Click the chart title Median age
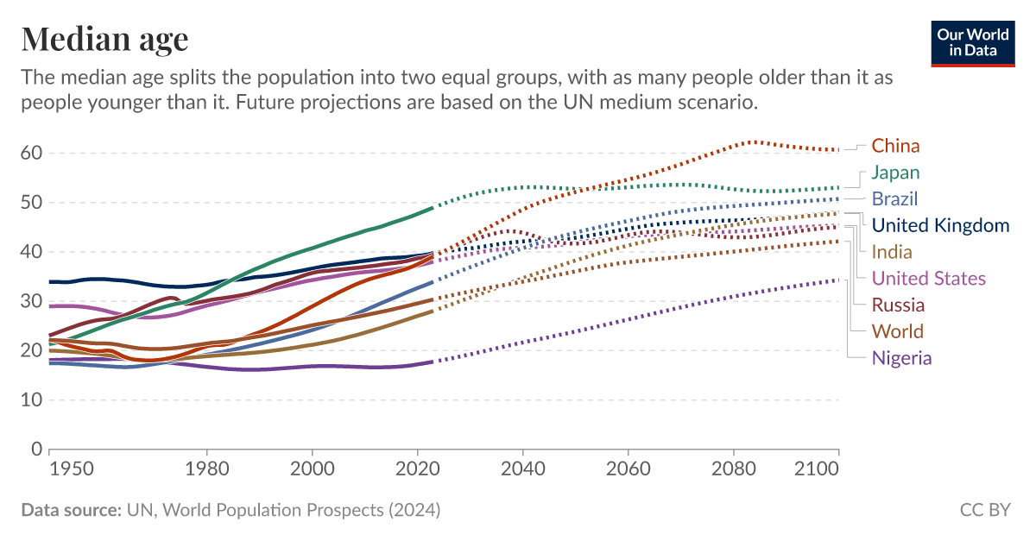click(104, 39)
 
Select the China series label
click(895, 146)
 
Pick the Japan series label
click(895, 173)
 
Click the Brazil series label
click(894, 199)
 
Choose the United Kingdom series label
click(940, 226)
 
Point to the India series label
click(891, 252)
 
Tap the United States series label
click(928, 279)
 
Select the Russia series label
click(898, 305)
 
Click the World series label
click(897, 332)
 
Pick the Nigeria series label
click(901, 359)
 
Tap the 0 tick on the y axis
click(36, 450)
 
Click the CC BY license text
click(984, 510)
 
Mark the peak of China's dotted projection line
click(753, 142)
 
